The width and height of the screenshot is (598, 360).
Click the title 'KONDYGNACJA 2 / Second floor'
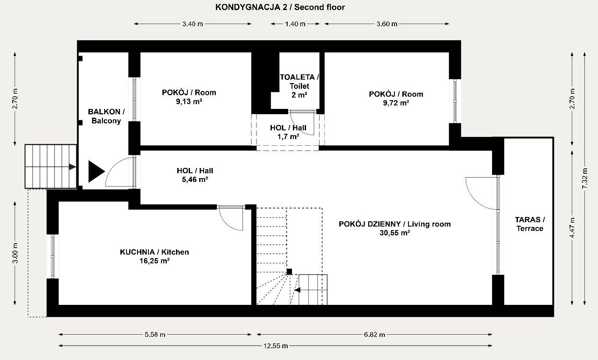point(280,7)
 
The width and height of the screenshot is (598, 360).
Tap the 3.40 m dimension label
point(193,24)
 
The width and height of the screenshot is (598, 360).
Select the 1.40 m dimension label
point(295,24)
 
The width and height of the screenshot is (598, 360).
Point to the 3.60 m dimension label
point(387,24)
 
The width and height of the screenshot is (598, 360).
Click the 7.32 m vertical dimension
point(585,178)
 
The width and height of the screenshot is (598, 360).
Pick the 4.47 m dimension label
point(572,228)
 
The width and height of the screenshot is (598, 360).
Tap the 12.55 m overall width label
point(276,346)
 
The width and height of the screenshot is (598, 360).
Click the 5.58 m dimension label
point(155,334)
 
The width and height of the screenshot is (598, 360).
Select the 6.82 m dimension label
point(374,334)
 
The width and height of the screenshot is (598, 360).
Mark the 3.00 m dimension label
point(15,253)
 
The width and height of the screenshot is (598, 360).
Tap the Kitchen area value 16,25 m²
point(155,261)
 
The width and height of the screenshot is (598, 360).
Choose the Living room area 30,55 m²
point(395,233)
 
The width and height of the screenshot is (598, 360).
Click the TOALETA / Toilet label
point(299,82)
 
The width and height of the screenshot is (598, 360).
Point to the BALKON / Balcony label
point(106,116)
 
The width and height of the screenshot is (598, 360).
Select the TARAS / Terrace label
point(530,224)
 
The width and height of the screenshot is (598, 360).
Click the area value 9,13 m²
point(189,101)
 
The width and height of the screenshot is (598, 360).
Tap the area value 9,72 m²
point(396,103)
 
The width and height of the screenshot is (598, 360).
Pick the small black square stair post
point(289,272)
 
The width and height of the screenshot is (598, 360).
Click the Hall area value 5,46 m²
point(195,179)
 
